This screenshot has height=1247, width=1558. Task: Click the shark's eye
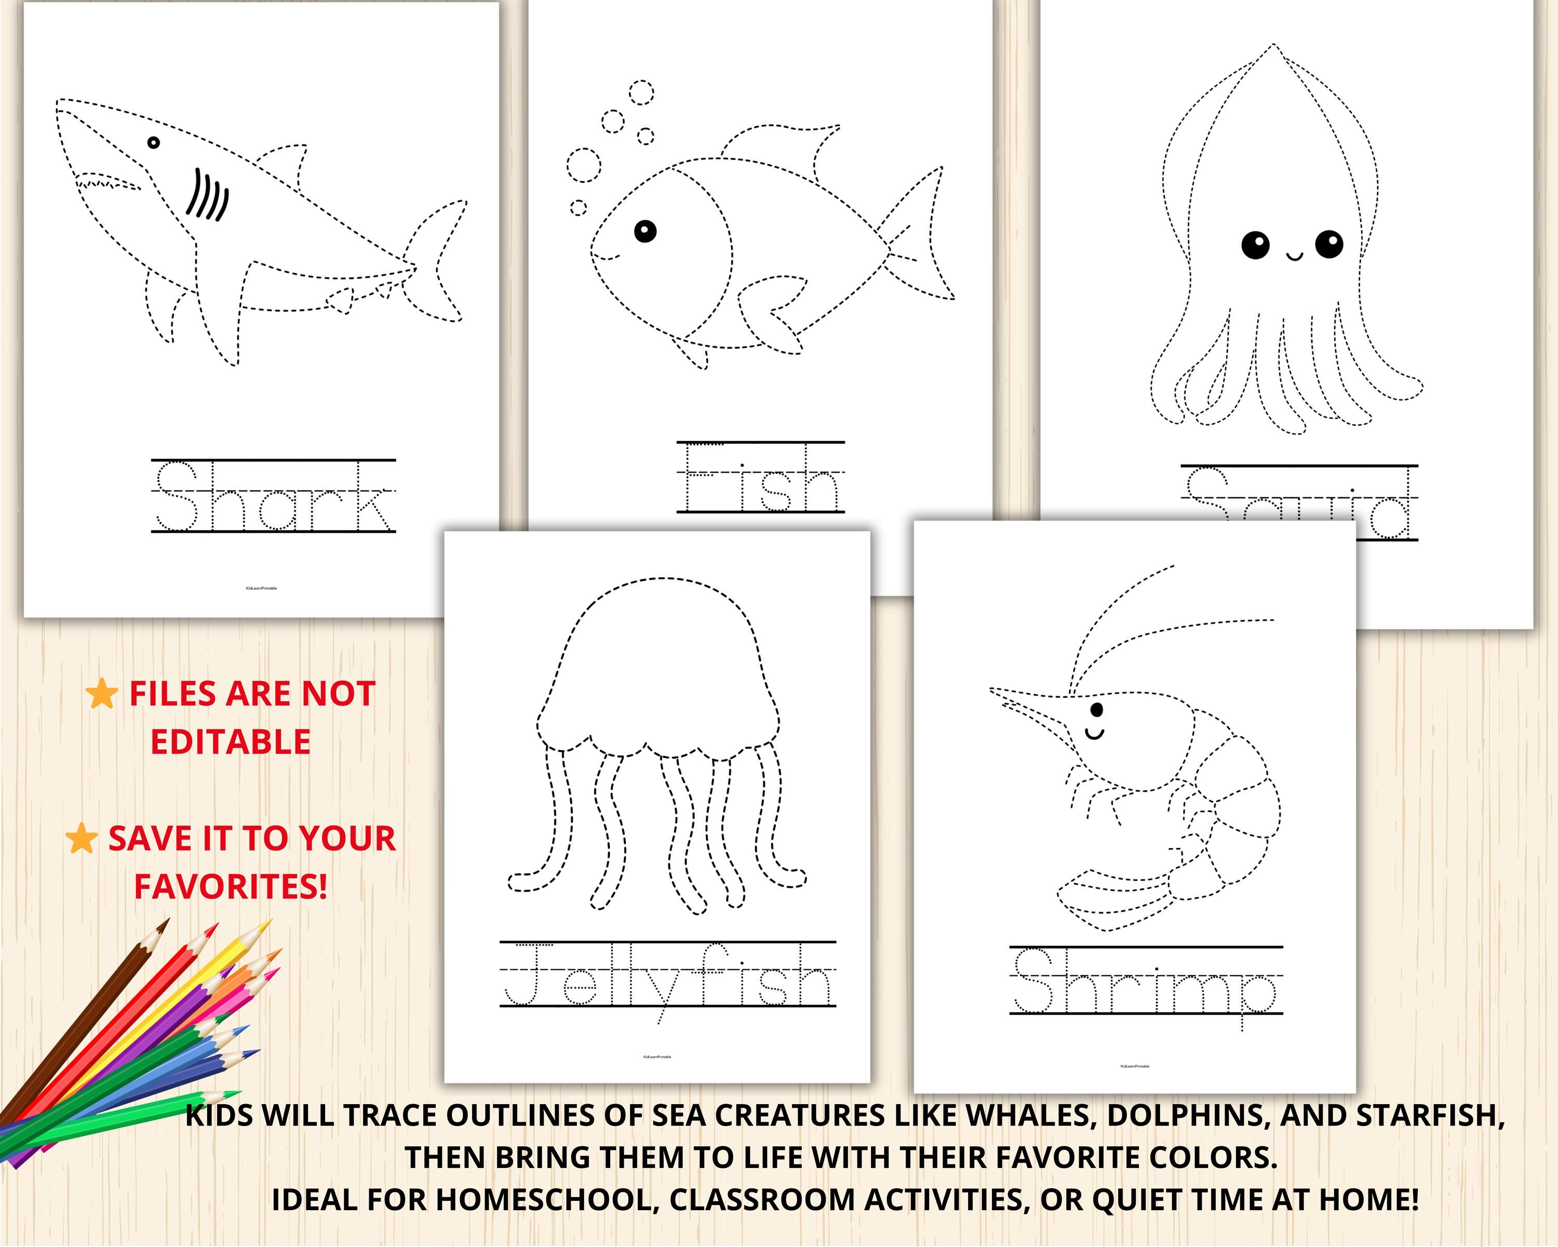(153, 142)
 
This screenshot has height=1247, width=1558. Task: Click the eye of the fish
(646, 231)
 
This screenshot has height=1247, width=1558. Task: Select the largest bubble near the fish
(583, 166)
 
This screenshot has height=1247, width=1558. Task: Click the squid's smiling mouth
(1294, 255)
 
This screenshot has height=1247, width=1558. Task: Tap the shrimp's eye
(1097, 710)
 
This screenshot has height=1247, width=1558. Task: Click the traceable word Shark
(273, 497)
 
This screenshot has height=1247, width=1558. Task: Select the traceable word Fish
(760, 478)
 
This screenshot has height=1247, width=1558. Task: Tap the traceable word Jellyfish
(668, 976)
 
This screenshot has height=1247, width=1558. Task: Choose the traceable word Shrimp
(1145, 981)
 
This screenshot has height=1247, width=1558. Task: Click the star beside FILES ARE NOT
(102, 694)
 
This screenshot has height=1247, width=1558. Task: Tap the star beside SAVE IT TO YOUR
(82, 839)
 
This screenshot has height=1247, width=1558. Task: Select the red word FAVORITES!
(231, 886)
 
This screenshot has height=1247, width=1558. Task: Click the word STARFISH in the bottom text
(1430, 1116)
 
